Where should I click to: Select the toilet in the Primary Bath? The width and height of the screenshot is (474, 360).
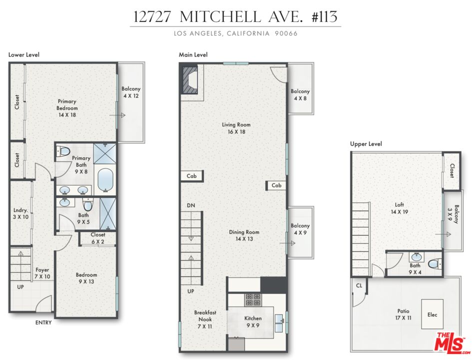tap(63, 151)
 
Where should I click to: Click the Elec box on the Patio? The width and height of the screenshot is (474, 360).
tap(432, 314)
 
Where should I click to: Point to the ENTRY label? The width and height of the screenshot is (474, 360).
tap(43, 323)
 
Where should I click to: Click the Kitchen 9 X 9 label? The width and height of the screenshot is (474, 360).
tap(253, 321)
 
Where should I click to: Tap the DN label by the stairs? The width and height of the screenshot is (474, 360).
tap(191, 205)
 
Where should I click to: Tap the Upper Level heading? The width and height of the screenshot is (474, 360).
tap(366, 144)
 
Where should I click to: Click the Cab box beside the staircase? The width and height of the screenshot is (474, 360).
tap(192, 176)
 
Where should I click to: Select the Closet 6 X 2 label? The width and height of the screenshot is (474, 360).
tap(98, 238)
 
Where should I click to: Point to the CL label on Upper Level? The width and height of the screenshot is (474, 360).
tap(359, 286)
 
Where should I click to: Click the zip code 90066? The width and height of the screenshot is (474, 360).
tap(287, 33)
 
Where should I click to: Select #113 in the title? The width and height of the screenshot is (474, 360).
tap(322, 16)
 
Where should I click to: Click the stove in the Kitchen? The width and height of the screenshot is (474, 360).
tap(252, 299)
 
